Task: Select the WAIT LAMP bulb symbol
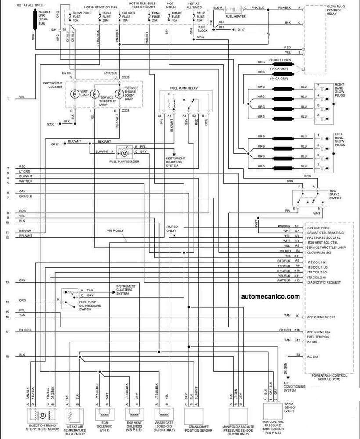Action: click(75, 94)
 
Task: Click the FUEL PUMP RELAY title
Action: click(184, 88)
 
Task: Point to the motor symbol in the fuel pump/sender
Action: click(124, 153)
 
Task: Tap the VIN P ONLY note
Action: click(116, 230)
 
